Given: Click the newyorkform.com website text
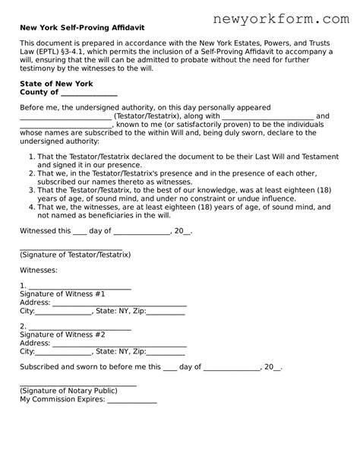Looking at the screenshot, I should click(x=276, y=14).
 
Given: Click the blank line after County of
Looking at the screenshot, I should click(x=88, y=93).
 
